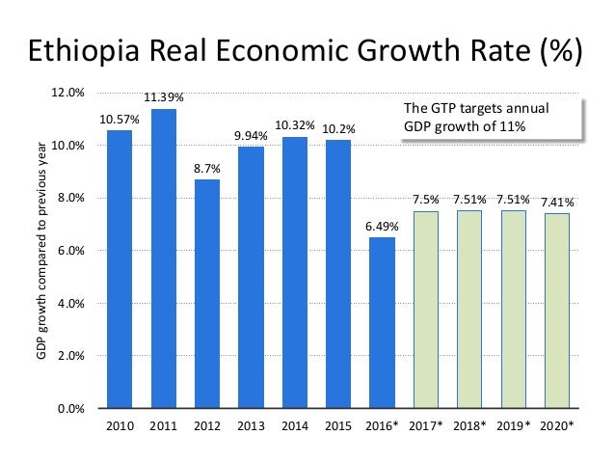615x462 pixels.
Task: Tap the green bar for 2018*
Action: pyautogui.click(x=469, y=309)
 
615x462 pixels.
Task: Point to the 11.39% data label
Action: pyautogui.click(x=164, y=97)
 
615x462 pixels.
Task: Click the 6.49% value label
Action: pyautogui.click(x=382, y=226)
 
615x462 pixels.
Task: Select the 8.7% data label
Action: pyautogui.click(x=207, y=168)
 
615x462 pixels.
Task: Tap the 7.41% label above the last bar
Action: pyautogui.click(x=557, y=203)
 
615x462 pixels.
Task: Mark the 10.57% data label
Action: pyautogui.click(x=120, y=119)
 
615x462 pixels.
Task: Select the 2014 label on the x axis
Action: pyautogui.click(x=295, y=425)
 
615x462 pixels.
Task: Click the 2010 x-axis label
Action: pyautogui.click(x=120, y=425)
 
